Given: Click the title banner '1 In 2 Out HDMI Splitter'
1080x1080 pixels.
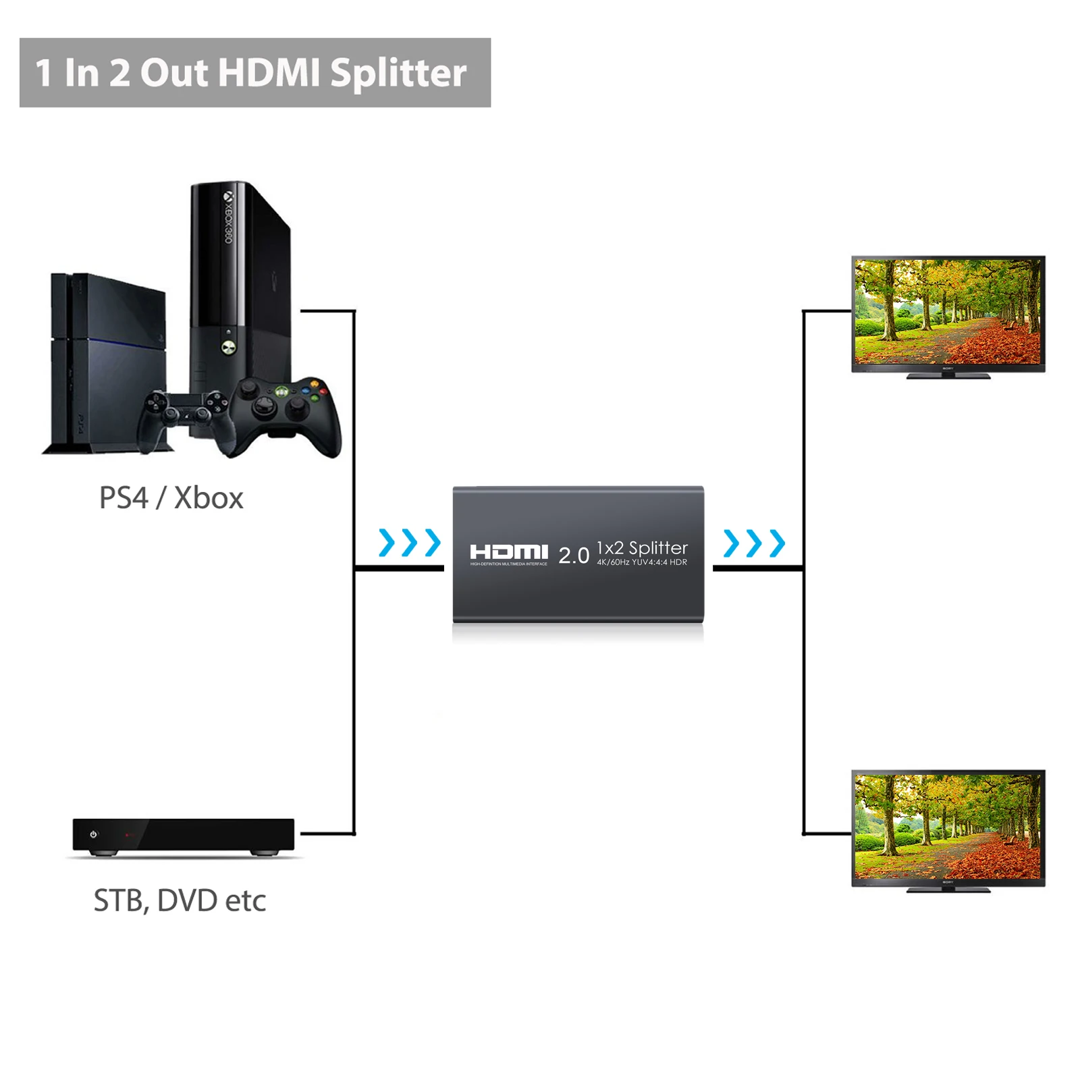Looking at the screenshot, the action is tap(254, 72).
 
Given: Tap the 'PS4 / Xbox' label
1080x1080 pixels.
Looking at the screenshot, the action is tap(171, 498).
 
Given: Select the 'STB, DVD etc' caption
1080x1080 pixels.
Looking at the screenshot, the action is tap(180, 900).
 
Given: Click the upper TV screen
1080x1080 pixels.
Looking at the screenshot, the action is tap(948, 312).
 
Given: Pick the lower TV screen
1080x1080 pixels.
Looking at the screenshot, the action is tap(948, 826).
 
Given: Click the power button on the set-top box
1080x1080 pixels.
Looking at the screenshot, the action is tap(93, 834).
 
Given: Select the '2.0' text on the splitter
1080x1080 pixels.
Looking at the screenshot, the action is tap(574, 556).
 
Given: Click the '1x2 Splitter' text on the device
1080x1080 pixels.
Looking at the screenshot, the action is tap(642, 547).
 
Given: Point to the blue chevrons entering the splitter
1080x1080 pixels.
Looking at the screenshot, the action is tap(410, 543).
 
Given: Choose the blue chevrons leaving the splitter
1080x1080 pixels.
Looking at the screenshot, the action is tap(754, 543).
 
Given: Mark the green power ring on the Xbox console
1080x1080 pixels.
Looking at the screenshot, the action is tap(228, 346).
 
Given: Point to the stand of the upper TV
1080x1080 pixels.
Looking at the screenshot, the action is tap(948, 375).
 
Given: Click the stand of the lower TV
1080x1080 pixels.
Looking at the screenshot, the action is tap(948, 890).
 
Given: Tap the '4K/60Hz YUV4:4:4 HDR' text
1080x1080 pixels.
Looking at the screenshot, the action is tap(642, 562).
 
